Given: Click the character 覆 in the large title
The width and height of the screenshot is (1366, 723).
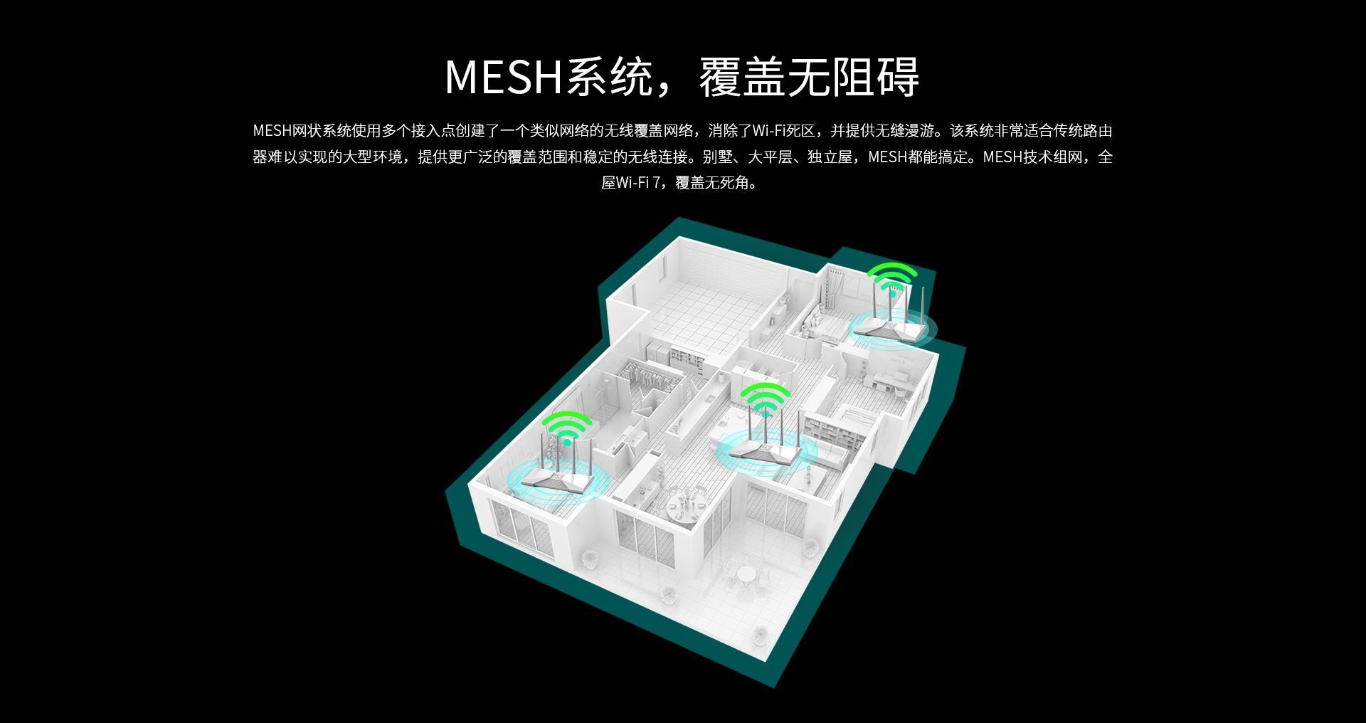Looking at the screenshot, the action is click(721, 77).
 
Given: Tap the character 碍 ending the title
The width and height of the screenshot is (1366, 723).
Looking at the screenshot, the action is click(898, 77).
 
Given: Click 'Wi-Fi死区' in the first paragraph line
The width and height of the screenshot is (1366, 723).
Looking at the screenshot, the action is click(783, 131).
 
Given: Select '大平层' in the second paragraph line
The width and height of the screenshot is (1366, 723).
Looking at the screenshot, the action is click(770, 157).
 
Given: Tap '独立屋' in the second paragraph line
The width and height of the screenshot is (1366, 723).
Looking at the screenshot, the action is click(830, 157).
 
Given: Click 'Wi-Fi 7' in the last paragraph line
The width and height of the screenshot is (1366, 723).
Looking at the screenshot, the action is click(632, 183).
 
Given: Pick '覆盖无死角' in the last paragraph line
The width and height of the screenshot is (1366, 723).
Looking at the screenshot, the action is click(712, 183).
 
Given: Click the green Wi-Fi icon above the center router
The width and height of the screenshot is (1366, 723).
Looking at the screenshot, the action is click(766, 399).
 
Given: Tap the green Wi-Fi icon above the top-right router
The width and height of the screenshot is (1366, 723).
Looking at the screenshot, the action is click(892, 278).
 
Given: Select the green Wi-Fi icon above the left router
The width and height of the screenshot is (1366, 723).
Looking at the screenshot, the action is click(567, 428).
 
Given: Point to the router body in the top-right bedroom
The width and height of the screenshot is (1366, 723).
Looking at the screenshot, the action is click(889, 329).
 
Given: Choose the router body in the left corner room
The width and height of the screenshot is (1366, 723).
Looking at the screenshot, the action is click(557, 480).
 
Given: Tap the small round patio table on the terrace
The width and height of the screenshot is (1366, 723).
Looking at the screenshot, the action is click(746, 574).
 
